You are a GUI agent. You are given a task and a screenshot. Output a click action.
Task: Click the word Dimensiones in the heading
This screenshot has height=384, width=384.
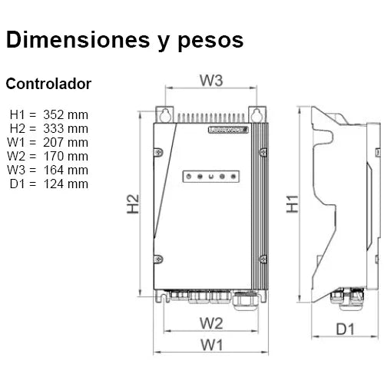click(x=75, y=40)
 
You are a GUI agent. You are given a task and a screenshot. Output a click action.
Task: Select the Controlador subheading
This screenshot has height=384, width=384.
click(x=48, y=83)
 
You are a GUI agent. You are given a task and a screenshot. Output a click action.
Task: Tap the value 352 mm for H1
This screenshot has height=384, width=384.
click(x=66, y=114)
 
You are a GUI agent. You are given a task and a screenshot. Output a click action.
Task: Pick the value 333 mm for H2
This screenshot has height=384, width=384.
click(x=66, y=128)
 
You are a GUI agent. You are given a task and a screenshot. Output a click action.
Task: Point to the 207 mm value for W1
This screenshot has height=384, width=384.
click(x=66, y=142)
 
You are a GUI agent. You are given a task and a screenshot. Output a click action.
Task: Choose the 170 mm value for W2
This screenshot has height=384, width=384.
click(x=66, y=156)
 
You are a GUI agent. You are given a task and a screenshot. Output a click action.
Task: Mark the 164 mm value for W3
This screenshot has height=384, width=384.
click(x=66, y=170)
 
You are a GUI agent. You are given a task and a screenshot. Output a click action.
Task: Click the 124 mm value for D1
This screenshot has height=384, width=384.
click(x=66, y=184)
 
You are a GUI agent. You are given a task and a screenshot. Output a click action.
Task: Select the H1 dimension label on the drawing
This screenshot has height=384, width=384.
click(x=293, y=204)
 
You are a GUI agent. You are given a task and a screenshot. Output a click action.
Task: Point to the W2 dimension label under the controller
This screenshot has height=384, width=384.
click(x=211, y=321)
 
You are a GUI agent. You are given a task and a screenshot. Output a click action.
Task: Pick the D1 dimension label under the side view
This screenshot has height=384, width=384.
click(x=345, y=330)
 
